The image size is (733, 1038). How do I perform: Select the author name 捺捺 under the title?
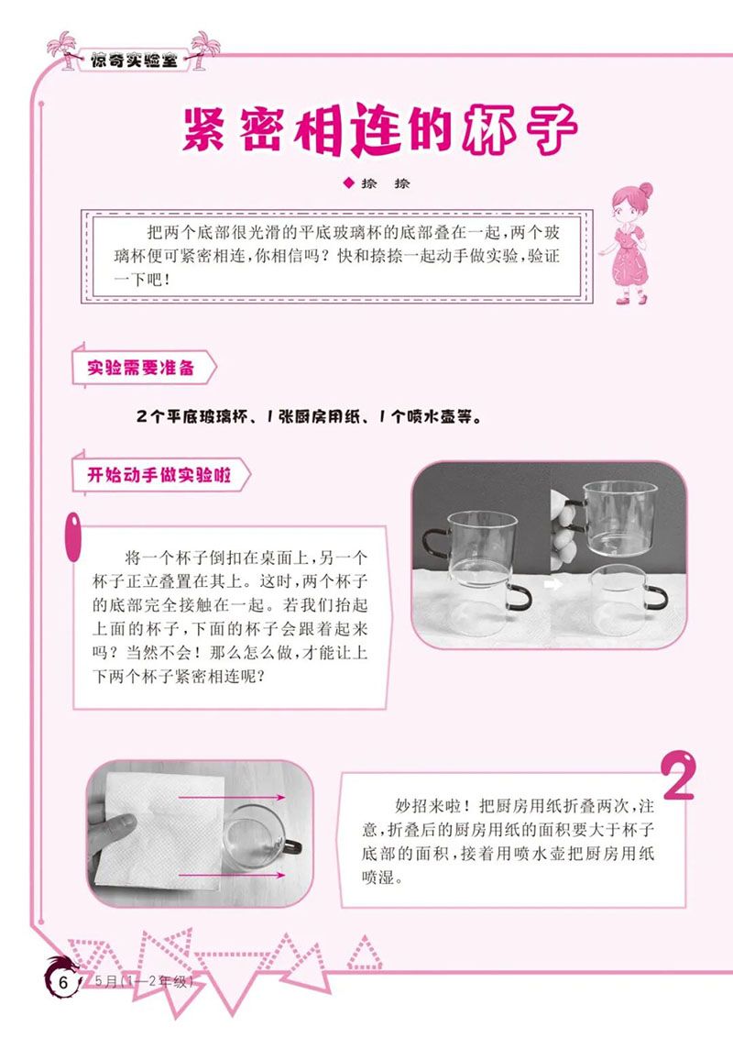click(x=388, y=182)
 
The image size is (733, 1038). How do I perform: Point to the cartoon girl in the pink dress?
click(x=631, y=243)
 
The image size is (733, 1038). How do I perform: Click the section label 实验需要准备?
click(x=139, y=369)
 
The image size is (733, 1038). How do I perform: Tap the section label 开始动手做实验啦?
click(x=151, y=476)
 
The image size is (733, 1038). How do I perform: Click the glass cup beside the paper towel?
click(x=257, y=834)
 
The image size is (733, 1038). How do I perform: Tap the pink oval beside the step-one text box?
click(x=69, y=539)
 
